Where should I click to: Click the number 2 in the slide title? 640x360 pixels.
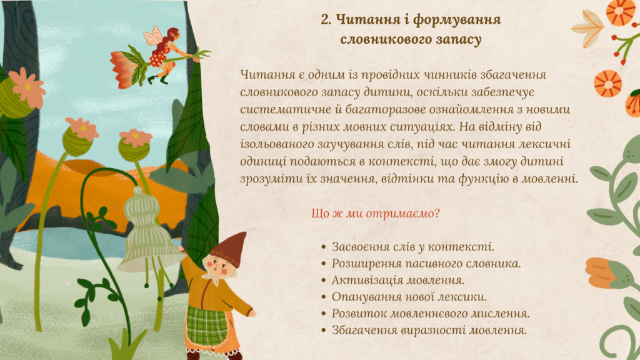click(325, 19)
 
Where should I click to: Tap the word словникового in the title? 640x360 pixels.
click(382, 39)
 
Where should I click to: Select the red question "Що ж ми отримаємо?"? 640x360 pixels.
click(376, 214)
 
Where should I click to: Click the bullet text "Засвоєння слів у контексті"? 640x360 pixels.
click(412, 247)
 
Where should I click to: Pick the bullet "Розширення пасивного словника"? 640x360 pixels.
click(426, 264)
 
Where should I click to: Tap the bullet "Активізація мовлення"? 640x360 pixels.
click(398, 281)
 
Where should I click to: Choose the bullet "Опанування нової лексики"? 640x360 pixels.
click(409, 297)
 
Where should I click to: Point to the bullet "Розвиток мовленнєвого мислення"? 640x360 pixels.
click(431, 314)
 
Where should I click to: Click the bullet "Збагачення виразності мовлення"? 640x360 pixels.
click(429, 330)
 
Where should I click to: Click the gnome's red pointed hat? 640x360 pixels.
click(232, 247)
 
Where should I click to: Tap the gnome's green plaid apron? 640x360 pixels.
click(206, 324)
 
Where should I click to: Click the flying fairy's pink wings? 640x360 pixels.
click(154, 36)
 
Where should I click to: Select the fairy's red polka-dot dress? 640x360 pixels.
click(160, 56)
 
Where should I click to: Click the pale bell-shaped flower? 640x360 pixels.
click(147, 232)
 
